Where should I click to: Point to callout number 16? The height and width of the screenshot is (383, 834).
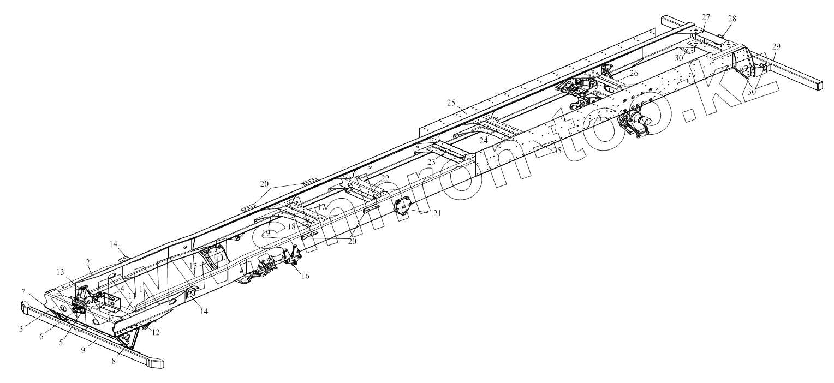tap(305, 276)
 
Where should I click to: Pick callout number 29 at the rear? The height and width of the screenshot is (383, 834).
tap(777, 46)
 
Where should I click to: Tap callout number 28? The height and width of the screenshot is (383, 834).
tap(731, 19)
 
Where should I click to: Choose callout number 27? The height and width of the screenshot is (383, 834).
tap(706, 17)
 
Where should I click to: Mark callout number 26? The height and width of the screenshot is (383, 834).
tap(633, 72)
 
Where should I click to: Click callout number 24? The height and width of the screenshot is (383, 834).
tap(483, 140)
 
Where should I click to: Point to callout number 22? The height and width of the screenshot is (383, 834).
tap(385, 178)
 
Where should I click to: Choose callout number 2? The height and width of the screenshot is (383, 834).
tap(88, 262)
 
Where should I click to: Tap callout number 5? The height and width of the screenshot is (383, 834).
tap(61, 343)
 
